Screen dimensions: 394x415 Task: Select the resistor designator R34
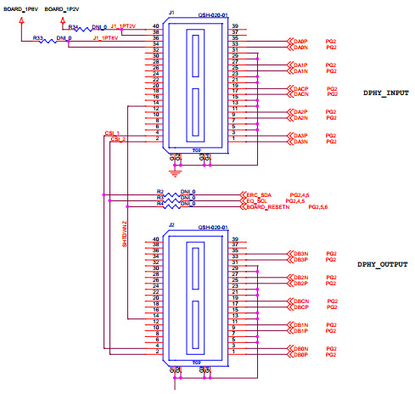tap(73, 27)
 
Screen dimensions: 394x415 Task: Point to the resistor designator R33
tap(38, 38)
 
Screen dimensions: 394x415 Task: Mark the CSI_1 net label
tap(112, 133)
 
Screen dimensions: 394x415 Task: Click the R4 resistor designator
tap(160, 205)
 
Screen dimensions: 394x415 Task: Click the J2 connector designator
tap(171, 226)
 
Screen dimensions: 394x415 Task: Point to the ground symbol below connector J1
tap(175, 172)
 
